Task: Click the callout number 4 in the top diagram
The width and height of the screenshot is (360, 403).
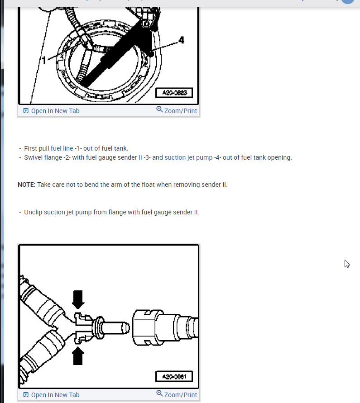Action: pos(182,40)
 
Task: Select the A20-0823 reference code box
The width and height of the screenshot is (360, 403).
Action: pos(174,93)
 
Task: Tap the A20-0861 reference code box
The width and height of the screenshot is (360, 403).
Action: pos(174,377)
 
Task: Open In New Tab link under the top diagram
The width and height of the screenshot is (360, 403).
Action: pos(55,111)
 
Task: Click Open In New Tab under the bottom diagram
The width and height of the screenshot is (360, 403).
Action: pos(55,395)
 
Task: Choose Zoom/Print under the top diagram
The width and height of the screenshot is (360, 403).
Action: pos(181,111)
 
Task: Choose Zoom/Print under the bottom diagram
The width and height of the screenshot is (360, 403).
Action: pos(181,395)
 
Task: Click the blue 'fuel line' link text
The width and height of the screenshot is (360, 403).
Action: pos(62,148)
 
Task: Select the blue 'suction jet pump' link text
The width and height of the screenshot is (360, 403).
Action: pos(188,158)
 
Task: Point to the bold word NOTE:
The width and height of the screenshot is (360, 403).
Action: pos(26,185)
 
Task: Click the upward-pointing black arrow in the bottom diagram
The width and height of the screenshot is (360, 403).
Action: pos(78,356)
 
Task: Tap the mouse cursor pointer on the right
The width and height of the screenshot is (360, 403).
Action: pos(347,264)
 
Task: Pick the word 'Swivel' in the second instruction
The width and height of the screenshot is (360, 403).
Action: pos(34,158)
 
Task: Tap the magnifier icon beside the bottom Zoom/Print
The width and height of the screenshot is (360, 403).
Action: pos(159,394)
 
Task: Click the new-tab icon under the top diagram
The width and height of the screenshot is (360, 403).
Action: pos(26,111)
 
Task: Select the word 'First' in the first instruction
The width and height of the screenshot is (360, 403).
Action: pos(31,148)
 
